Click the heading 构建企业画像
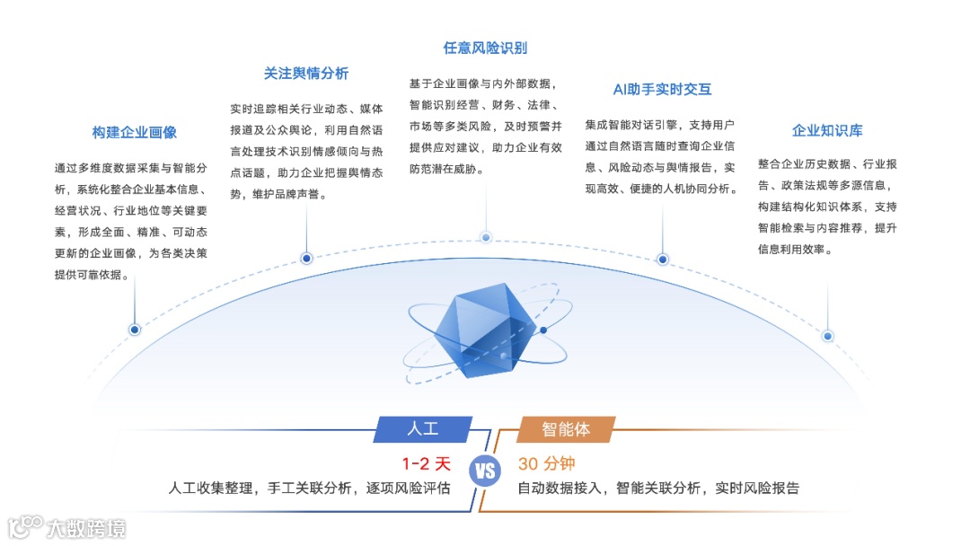coord(135,132)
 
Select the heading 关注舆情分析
coord(306,74)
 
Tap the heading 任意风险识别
coord(485,48)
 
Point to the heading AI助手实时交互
coord(662,89)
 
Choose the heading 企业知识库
coord(827,130)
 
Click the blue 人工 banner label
coord(423,428)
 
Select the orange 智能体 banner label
coord(566,428)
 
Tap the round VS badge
coord(485,471)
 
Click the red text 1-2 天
coord(426,464)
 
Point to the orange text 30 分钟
coord(546,464)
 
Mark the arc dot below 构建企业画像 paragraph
coord(135,330)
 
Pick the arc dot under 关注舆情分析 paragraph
coord(306,259)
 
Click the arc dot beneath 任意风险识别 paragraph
coord(486,237)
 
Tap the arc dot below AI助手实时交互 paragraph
coord(663,260)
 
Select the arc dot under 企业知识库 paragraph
coord(828,336)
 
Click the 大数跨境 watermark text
coord(86,528)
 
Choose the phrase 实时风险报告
coord(757,489)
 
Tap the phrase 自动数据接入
coord(560,489)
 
